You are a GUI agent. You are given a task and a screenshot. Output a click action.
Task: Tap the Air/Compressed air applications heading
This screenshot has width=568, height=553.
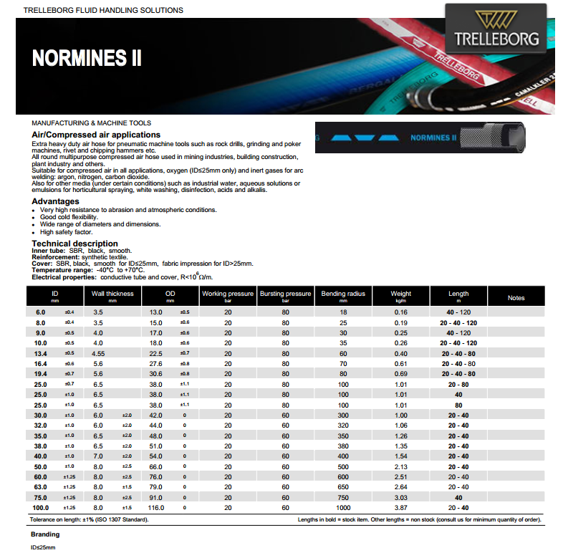pyautogui.click(x=96, y=135)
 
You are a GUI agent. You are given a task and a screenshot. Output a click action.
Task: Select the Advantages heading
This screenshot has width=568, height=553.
pyautogui.click(x=55, y=201)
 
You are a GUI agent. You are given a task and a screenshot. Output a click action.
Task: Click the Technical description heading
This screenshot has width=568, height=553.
pyautogui.click(x=74, y=244)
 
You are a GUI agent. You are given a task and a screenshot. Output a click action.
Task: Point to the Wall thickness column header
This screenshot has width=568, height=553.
pyautogui.click(x=112, y=294)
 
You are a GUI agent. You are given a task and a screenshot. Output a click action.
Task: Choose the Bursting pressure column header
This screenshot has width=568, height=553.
pyautogui.click(x=285, y=294)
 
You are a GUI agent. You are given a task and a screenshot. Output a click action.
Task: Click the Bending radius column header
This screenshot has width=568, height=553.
pyautogui.click(x=343, y=294)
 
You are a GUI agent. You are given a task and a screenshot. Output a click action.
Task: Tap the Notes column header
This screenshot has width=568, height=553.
pyautogui.click(x=516, y=298)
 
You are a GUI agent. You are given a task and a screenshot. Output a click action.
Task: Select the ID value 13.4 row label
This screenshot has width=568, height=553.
pyautogui.click(x=41, y=353)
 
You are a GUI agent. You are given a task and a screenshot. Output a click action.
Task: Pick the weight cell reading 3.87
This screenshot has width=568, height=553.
pyautogui.click(x=400, y=508)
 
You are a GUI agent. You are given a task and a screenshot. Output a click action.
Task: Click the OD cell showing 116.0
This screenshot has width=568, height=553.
pyautogui.click(x=155, y=508)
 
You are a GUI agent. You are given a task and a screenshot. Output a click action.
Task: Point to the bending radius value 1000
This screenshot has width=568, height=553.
pyautogui.click(x=343, y=508)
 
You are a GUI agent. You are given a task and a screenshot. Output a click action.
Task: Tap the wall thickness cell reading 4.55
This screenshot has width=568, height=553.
pyautogui.click(x=99, y=353)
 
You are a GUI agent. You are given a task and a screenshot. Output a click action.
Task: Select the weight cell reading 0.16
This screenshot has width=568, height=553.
pyautogui.click(x=400, y=312)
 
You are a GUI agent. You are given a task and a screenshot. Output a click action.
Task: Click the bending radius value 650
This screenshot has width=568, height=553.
pyautogui.click(x=343, y=487)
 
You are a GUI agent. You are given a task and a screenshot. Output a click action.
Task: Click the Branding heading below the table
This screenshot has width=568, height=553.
pyautogui.click(x=45, y=534)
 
